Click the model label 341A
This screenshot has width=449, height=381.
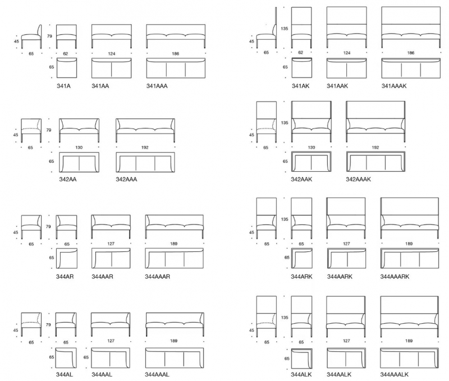[x=63, y=86]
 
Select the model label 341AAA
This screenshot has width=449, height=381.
[x=157, y=86]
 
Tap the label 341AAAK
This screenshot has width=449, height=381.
[x=394, y=86]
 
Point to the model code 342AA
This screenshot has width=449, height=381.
[x=68, y=180]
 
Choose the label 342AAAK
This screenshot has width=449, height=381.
[x=358, y=180]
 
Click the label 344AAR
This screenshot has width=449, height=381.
[x=102, y=277]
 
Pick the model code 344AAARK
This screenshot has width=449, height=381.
[x=395, y=277]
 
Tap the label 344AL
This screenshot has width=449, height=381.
[x=65, y=374]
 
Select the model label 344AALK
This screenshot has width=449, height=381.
[x=339, y=374]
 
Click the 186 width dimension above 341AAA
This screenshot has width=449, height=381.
[x=176, y=53]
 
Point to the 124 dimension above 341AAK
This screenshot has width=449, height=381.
[x=347, y=53]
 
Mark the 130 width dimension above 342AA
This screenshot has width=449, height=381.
[x=79, y=148]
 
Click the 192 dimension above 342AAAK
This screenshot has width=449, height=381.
[x=375, y=148]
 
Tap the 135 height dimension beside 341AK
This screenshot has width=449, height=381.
[x=285, y=29]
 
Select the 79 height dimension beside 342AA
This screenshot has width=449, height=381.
[x=49, y=130]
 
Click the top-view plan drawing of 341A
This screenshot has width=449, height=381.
[x=67, y=68]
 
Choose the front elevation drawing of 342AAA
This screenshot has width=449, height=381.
[x=145, y=130]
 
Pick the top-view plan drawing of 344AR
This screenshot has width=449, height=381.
[x=67, y=258]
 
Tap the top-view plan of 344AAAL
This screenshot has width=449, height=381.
[x=175, y=358]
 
